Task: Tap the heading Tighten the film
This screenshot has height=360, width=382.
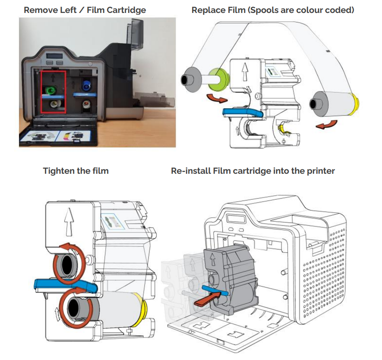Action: [76, 171]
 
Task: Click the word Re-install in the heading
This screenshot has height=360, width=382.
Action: [190, 171]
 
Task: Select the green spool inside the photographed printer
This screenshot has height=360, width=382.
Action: [51, 90]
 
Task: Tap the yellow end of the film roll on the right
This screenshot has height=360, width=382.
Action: [356, 104]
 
